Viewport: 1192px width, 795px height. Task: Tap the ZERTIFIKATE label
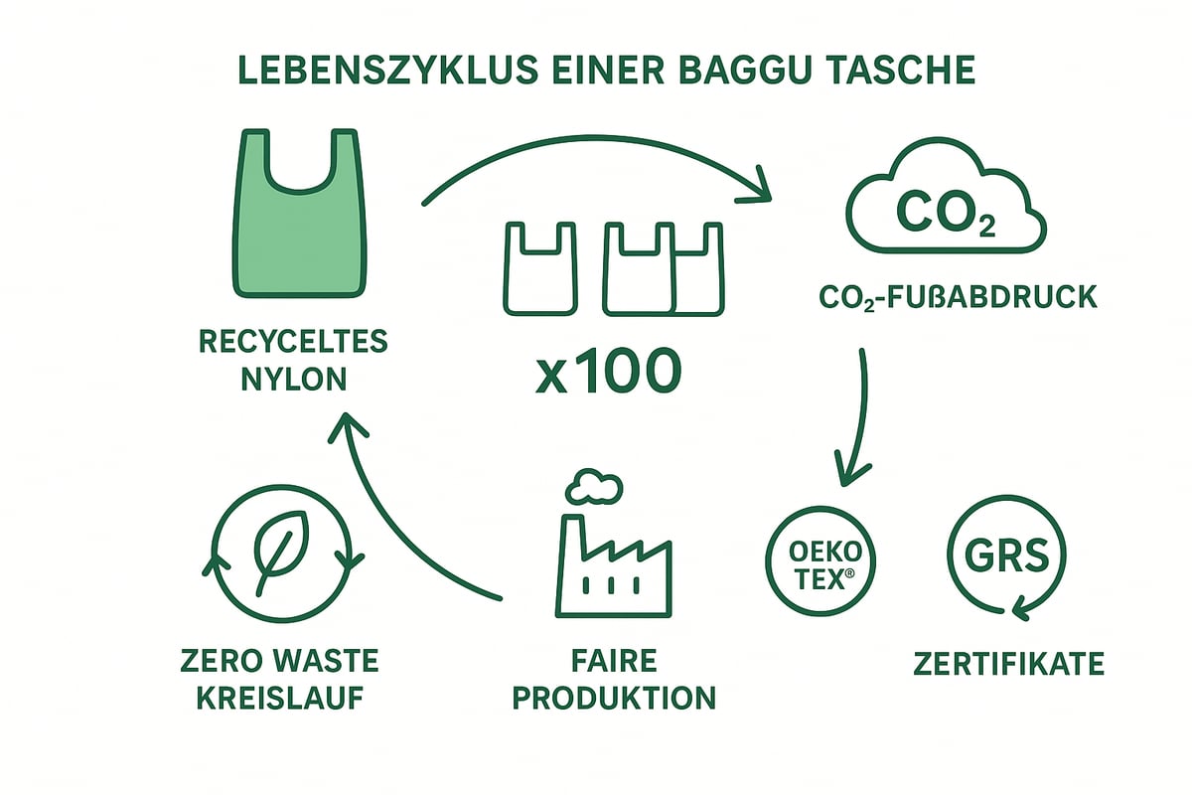pos(1008,663)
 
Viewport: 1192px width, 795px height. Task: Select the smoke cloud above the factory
pos(592,486)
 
